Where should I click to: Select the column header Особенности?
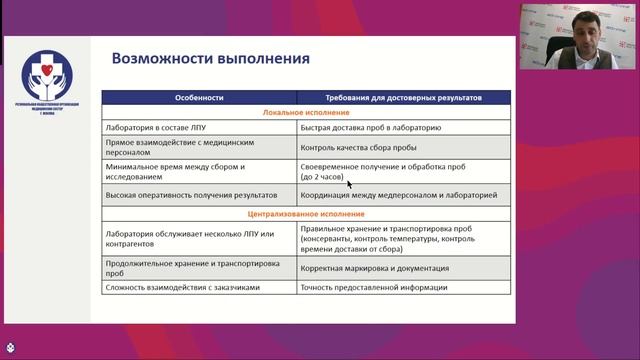[200, 98]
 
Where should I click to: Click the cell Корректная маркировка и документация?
[381, 268]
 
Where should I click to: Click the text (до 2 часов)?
[322, 177]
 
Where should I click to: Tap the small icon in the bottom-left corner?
[9, 351]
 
